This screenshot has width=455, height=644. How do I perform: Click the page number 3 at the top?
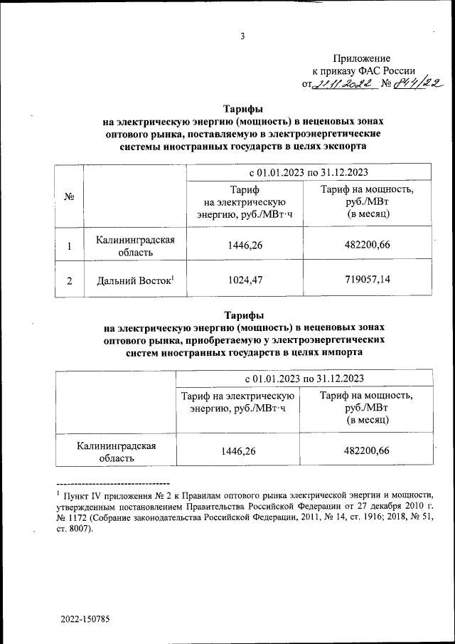tap(242, 36)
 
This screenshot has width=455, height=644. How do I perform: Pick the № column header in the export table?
tap(70, 196)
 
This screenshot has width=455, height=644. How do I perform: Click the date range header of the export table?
tap(308, 173)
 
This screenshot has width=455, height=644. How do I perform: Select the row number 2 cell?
tap(70, 280)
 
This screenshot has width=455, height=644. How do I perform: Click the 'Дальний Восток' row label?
tap(135, 280)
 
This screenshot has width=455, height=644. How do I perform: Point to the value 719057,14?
tap(365, 280)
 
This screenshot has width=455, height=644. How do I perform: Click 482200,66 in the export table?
tap(365, 246)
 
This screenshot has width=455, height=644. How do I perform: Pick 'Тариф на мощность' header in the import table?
tap(365, 396)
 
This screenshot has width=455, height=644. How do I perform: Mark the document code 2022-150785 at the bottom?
tap(85, 619)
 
